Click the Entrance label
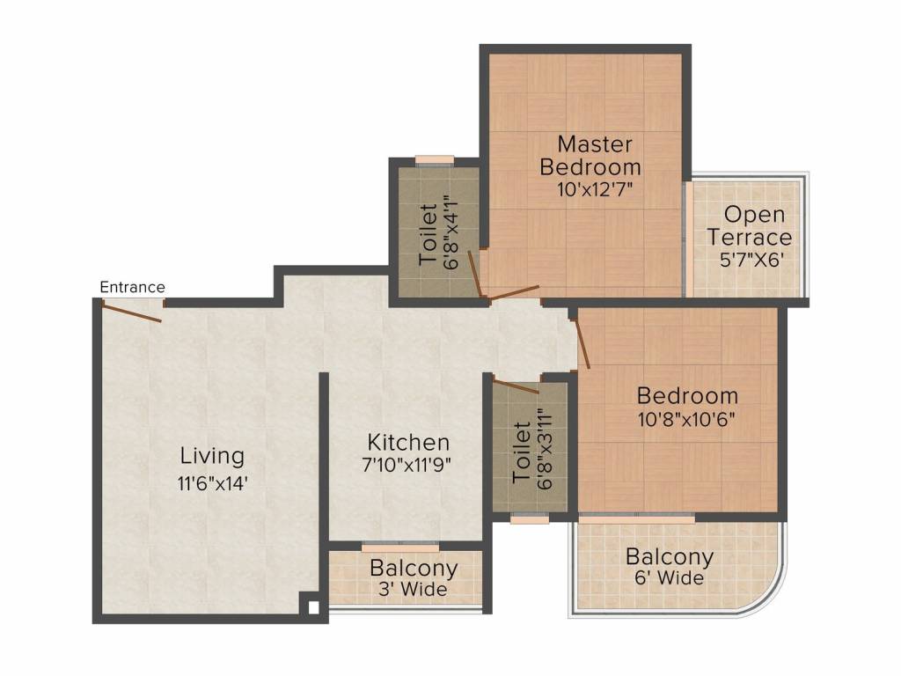132,287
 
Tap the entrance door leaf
132,312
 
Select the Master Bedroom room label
590,155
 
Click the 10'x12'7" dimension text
595,189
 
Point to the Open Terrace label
749,225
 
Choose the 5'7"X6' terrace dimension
752,260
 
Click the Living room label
213,456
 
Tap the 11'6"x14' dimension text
213,483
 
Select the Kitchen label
408,442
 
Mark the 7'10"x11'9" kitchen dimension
407,464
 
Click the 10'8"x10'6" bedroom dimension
686,419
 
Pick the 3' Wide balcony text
413,589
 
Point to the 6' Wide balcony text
669,577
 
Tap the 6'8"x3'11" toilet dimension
544,449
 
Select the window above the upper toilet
435,160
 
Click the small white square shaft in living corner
313,607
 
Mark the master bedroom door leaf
514,292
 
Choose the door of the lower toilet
516,386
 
